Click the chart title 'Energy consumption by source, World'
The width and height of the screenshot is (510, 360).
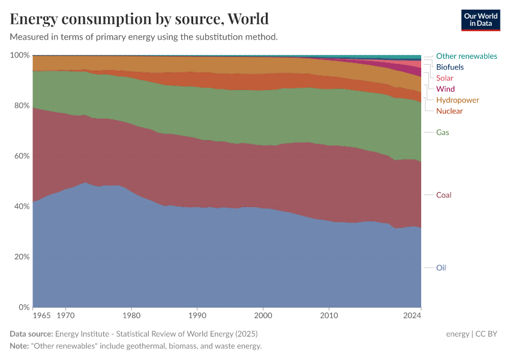[x=139, y=19]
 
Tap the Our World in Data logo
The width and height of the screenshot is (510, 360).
[x=481, y=20]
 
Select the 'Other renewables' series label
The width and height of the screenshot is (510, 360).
[x=466, y=56]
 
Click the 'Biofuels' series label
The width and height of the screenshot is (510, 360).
[x=450, y=67]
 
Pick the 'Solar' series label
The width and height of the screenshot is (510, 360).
[x=445, y=78]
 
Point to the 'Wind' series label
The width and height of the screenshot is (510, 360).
[x=445, y=89]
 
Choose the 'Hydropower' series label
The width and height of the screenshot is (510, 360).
[x=457, y=100]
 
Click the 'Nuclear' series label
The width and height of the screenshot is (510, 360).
[x=449, y=111]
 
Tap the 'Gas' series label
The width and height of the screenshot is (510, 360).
[x=443, y=132]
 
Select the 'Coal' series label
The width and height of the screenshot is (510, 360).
[x=443, y=195]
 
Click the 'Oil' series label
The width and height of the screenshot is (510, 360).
[x=441, y=268]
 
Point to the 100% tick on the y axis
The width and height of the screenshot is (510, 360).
[x=20, y=55]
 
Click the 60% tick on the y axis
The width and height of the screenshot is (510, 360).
[x=21, y=156]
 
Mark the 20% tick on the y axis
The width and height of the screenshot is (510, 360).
[x=21, y=257]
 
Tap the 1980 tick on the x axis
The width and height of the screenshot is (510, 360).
[x=131, y=314]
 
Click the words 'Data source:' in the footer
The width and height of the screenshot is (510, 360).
[x=31, y=334]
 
